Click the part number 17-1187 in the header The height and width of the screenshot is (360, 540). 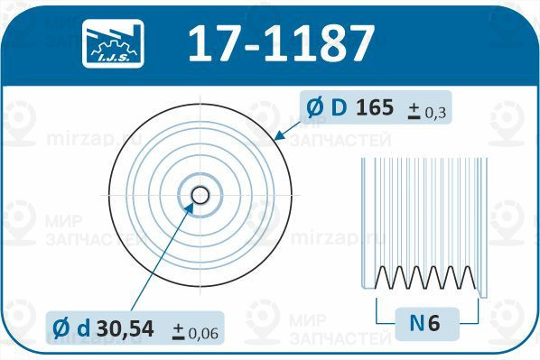pos(280,42)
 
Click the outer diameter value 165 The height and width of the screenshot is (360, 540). pos(374,108)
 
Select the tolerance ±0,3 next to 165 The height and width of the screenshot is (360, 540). pos(429,111)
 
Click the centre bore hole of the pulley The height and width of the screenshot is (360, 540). pos(200,195)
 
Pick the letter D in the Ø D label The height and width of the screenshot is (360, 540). pos(339,108)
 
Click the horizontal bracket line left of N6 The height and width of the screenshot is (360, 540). pos(388,321)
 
